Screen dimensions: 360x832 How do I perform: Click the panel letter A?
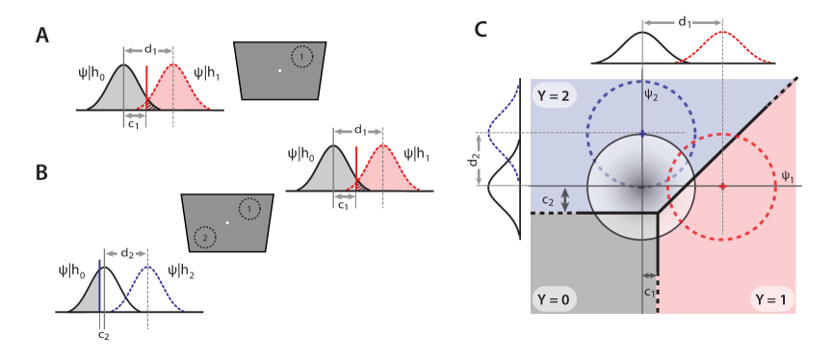[42, 36]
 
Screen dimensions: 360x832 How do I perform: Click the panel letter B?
[42, 172]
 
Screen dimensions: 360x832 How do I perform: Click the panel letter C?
[481, 31]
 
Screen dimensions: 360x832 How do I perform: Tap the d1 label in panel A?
[150, 50]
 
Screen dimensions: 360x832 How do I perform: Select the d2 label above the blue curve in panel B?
[126, 253]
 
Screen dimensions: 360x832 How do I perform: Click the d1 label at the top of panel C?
[683, 21]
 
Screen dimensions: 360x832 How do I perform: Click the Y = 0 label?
[554, 299]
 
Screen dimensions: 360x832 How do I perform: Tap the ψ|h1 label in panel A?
[207, 72]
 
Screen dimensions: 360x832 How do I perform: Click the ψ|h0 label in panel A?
[91, 72]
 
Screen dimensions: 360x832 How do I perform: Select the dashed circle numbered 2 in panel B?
[204, 236]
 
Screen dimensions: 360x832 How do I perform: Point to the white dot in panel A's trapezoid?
[279, 70]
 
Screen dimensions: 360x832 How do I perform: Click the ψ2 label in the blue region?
[652, 94]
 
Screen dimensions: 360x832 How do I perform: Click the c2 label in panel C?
[546, 200]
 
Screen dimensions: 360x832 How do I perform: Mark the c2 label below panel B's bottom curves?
[103, 334]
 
